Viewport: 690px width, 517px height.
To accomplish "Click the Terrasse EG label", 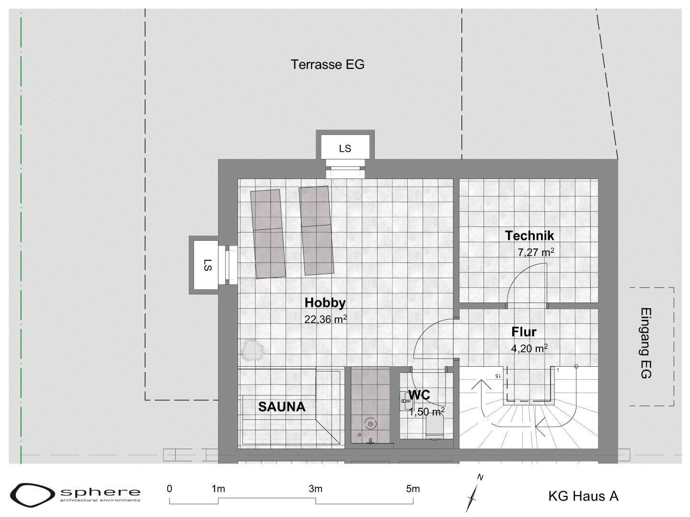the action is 328,64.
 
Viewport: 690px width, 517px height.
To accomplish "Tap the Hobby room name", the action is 325,303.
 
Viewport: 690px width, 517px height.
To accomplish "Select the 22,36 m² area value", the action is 326,319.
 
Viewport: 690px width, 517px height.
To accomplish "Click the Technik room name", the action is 529,236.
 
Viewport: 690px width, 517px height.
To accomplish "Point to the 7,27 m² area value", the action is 536,252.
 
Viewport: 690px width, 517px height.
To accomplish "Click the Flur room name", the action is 524,332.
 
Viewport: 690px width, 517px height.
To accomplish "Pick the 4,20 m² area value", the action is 529,348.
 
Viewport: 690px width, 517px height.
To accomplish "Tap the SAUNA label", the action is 282,407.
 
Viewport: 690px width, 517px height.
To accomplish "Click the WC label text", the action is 419,395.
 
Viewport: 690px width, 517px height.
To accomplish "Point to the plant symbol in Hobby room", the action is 252,349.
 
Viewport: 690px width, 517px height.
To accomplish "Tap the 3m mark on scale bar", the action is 316,489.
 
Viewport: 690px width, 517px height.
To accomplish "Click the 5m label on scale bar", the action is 413,489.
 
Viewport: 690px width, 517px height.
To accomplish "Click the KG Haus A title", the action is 584,496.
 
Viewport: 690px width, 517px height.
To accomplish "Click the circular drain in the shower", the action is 370,424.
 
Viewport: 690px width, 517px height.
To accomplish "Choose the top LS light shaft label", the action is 345,148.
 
